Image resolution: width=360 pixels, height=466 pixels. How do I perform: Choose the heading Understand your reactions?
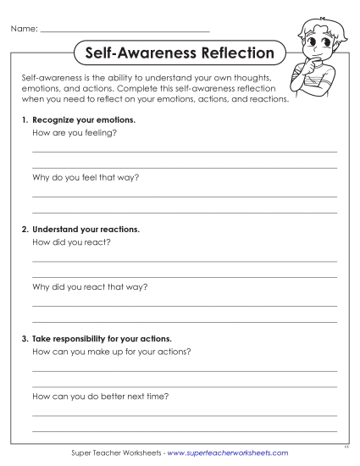(86, 229)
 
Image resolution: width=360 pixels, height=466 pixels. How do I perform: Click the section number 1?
(25, 120)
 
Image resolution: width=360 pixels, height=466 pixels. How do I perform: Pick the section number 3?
(25, 338)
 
